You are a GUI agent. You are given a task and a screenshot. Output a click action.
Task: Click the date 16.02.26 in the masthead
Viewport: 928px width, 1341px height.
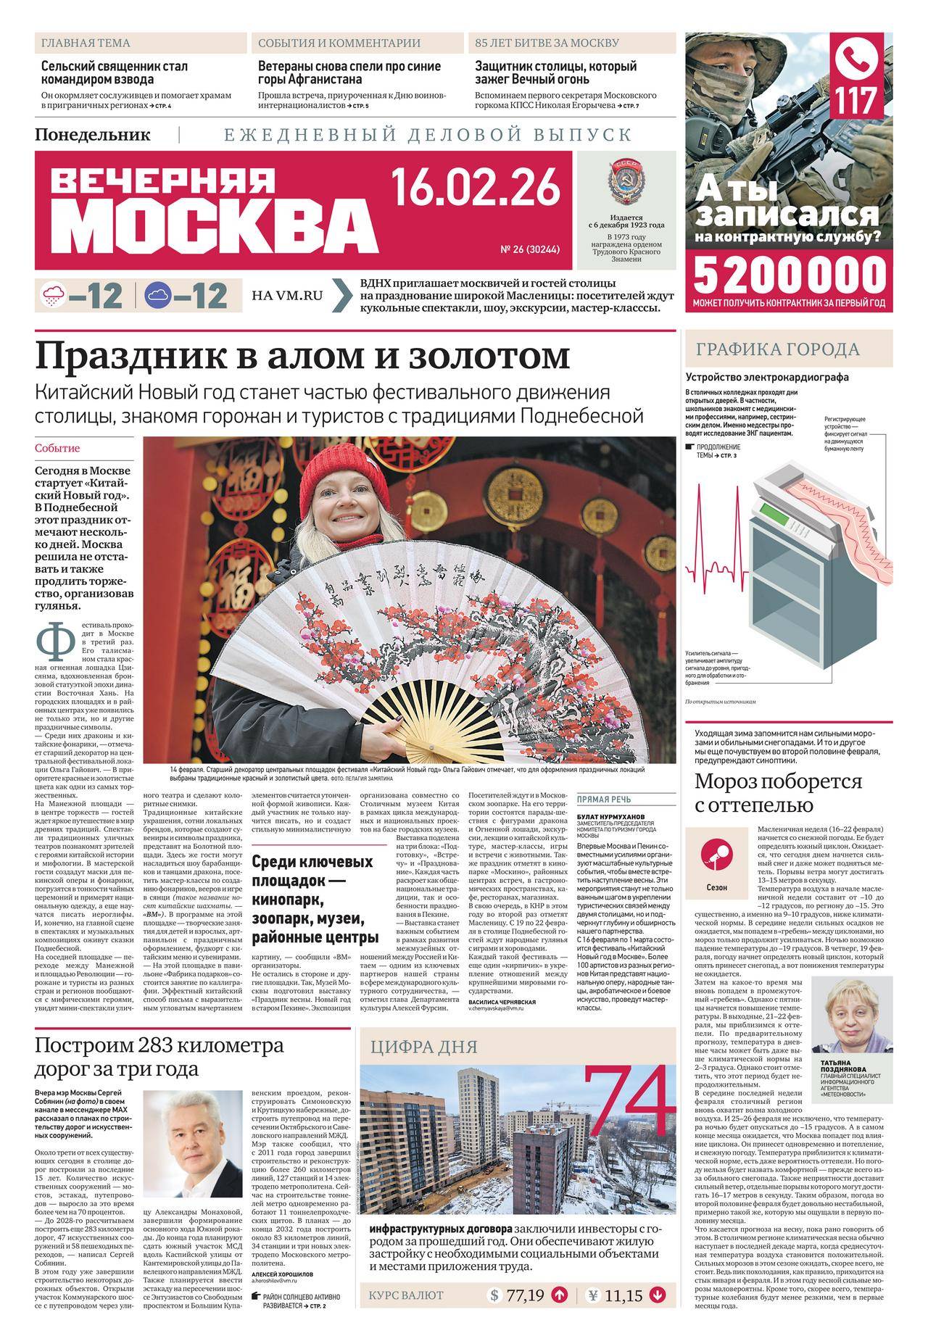coord(476,187)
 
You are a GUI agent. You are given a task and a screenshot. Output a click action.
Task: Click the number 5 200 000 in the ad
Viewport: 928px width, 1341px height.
coord(790,275)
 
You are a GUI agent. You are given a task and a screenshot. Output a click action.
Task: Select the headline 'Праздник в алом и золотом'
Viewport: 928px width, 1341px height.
coord(303,357)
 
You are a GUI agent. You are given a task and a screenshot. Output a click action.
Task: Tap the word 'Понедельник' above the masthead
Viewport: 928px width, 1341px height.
coord(92,135)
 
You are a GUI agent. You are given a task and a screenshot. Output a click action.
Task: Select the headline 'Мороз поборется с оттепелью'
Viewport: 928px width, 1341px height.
coord(779,794)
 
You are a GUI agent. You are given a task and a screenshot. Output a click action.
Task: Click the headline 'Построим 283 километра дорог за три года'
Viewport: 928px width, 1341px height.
coord(159,1058)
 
